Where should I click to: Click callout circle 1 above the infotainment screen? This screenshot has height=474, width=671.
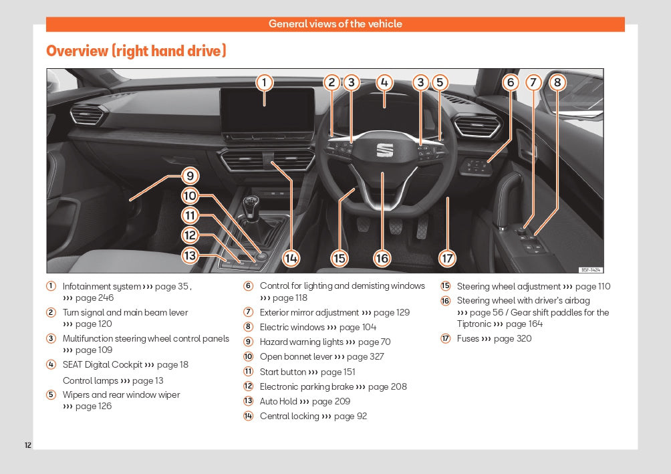click(264, 82)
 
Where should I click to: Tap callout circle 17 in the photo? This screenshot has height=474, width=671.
click(447, 258)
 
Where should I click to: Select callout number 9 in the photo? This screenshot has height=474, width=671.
click(190, 176)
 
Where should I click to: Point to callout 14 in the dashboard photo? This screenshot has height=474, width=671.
click(291, 258)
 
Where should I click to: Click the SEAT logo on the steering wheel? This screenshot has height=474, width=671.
click(384, 150)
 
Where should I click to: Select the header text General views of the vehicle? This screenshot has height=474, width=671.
click(335, 24)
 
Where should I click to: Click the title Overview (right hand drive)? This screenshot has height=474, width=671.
click(136, 51)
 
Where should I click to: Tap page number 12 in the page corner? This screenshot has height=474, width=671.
click(28, 445)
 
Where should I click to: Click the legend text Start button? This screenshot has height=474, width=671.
click(283, 372)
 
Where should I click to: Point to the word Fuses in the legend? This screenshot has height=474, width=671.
click(468, 338)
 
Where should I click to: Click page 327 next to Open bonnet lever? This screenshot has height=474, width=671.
click(366, 356)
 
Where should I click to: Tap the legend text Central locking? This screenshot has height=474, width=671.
click(289, 416)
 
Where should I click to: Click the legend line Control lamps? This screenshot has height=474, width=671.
click(90, 380)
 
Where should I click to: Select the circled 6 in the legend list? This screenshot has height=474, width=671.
click(248, 286)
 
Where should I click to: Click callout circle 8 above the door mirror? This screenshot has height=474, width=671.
click(556, 82)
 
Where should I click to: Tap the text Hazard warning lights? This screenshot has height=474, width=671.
click(301, 342)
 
